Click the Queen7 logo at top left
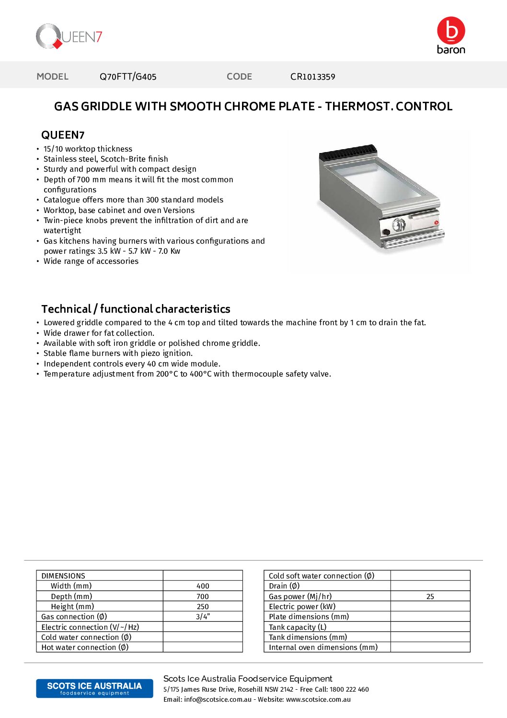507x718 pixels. (69, 36)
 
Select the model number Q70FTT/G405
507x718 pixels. (128, 77)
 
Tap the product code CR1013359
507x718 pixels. (312, 77)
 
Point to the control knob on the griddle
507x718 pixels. (399, 224)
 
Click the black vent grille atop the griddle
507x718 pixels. (348, 153)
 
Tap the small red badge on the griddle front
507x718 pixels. (437, 222)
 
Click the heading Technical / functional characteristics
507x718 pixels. (136, 309)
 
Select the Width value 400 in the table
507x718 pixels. (203, 586)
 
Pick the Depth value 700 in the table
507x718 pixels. (203, 597)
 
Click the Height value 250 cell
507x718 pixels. (203, 607)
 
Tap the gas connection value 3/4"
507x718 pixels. (203, 617)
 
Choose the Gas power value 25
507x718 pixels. (430, 597)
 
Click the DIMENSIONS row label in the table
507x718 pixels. (63, 576)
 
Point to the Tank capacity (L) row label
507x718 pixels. (298, 627)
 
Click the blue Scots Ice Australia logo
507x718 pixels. (94, 688)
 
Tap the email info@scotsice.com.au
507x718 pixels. (218, 700)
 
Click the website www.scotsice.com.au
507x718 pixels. (318, 700)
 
